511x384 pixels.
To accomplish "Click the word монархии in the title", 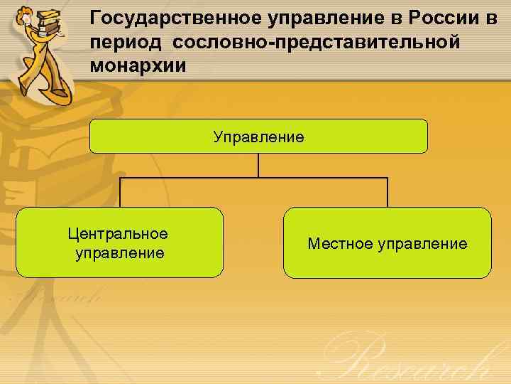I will (x=138, y=66).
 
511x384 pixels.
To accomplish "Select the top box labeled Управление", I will (x=258, y=136).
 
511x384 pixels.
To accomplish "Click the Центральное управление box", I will (x=119, y=242).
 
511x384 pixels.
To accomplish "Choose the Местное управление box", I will (x=387, y=242).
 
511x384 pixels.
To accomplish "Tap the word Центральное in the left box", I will (x=118, y=233).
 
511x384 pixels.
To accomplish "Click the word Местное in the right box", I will (x=340, y=244).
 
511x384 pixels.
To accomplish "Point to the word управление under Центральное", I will (x=119, y=252).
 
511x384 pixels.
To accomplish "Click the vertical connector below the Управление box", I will (x=258, y=165).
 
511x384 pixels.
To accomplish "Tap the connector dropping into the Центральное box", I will (x=121, y=192).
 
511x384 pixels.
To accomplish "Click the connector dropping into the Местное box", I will (x=388, y=192).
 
